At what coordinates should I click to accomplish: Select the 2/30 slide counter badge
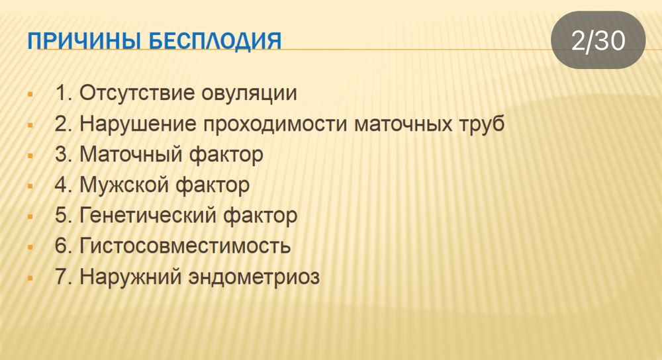(598, 41)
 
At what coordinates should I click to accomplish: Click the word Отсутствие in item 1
(136, 93)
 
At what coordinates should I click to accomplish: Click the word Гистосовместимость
(185, 246)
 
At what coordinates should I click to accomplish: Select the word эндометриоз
(254, 277)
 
